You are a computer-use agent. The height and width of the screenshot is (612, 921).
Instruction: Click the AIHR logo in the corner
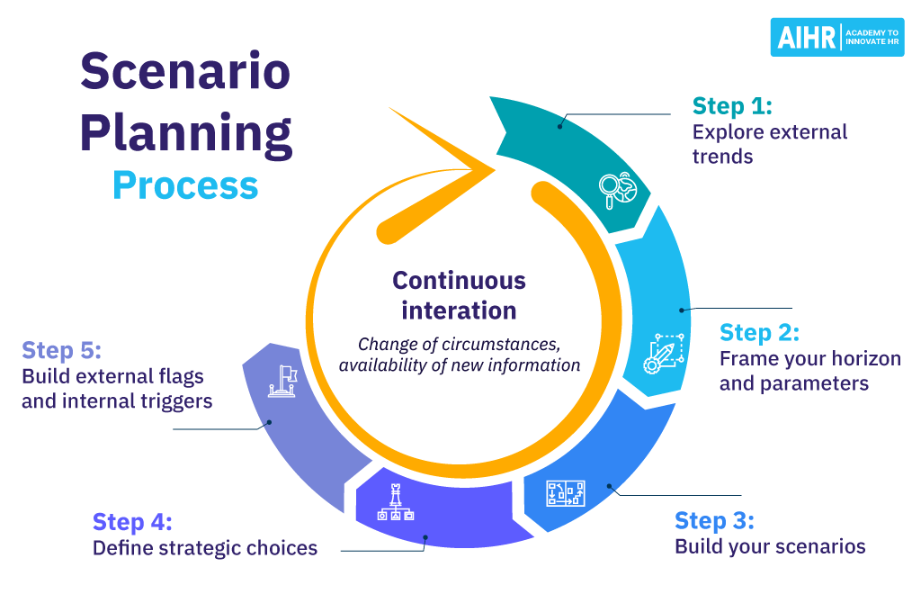point(836,37)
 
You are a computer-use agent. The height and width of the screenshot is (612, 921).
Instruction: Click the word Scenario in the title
point(186,73)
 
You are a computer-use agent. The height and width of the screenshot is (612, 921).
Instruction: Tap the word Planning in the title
point(186,131)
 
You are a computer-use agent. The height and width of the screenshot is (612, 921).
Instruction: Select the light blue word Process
point(185,184)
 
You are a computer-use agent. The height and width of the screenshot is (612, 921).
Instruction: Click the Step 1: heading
point(732,106)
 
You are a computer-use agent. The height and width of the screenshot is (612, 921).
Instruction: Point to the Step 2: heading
point(759,332)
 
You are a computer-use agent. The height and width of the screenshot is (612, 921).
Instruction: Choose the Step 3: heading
point(714,520)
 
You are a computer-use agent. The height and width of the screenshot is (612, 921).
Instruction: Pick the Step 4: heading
point(132,522)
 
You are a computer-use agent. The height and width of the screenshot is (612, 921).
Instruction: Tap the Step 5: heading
point(61,350)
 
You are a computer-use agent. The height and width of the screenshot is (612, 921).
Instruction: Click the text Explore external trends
point(769,144)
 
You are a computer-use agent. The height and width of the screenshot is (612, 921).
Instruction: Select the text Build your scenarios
point(770,546)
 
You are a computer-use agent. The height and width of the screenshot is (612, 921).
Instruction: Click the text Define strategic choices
point(205,547)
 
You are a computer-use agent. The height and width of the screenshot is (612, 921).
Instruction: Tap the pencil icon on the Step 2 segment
point(664,353)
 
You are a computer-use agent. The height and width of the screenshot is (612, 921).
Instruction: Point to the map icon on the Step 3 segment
point(566,493)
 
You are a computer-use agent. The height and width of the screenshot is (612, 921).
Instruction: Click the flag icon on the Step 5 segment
point(282,379)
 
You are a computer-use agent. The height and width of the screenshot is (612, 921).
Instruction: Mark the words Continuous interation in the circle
point(459,295)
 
